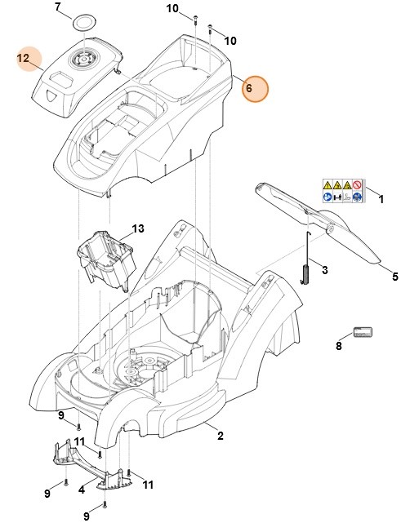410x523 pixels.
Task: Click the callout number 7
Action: [x=58, y=7]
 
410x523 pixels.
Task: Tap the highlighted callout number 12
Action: [x=23, y=58]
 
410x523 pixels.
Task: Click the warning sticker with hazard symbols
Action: [x=341, y=191]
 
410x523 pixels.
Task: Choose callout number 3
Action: [x=324, y=269]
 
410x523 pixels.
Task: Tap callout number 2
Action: [x=219, y=437]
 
